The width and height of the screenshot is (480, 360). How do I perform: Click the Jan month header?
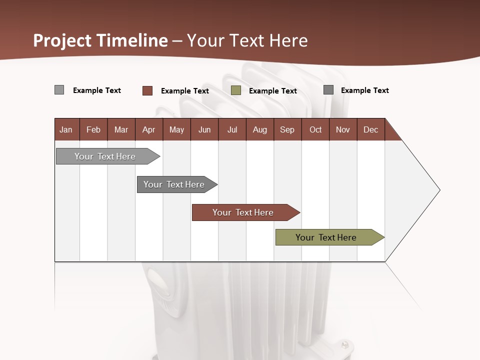pyautogui.click(x=66, y=129)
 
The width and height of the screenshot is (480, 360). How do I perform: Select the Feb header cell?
pyautogui.click(x=93, y=129)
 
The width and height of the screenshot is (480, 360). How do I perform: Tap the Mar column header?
pyautogui.click(x=121, y=129)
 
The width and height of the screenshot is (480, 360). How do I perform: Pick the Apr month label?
pyautogui.click(x=148, y=129)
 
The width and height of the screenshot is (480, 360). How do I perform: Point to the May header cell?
pyautogui.click(x=176, y=129)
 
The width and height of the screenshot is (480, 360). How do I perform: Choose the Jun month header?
pyautogui.click(x=204, y=129)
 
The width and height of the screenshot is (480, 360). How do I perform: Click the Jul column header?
pyautogui.click(x=232, y=129)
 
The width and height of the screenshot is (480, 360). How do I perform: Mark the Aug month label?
pyautogui.click(x=260, y=129)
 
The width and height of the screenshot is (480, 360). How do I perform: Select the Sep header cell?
pyautogui.click(x=287, y=129)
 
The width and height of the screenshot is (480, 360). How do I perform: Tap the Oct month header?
pyautogui.click(x=315, y=129)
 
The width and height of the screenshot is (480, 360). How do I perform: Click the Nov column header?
pyautogui.click(x=343, y=129)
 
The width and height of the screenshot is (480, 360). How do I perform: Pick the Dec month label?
pyautogui.click(x=370, y=129)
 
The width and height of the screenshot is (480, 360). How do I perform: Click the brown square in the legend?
pyautogui.click(x=147, y=90)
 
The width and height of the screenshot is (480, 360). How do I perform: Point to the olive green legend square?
pyautogui.click(x=236, y=90)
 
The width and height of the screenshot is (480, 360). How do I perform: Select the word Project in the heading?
pyautogui.click(x=63, y=40)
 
